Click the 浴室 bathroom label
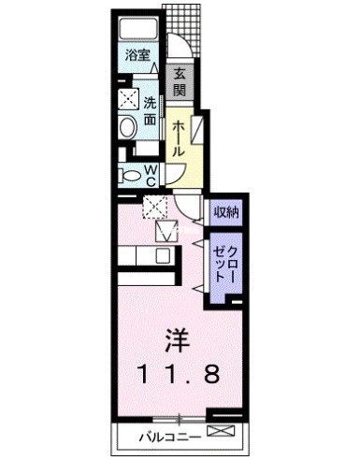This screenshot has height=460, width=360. click(137, 55)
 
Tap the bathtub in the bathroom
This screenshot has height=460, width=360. click(138, 29)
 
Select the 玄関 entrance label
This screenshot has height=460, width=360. click(180, 81)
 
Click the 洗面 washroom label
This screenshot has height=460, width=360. click(150, 111)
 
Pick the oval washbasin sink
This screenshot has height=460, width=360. click(128, 128)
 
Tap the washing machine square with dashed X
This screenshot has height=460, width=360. click(128, 99)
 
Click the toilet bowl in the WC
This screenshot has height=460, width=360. click(131, 176)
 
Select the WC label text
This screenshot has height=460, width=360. click(151, 176)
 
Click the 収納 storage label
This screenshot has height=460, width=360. click(225, 212)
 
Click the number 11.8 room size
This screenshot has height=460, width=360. click(180, 375)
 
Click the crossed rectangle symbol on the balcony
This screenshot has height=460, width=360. click(221, 431)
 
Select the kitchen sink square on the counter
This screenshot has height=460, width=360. click(164, 256)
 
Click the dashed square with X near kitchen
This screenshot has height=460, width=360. click(155, 207)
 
